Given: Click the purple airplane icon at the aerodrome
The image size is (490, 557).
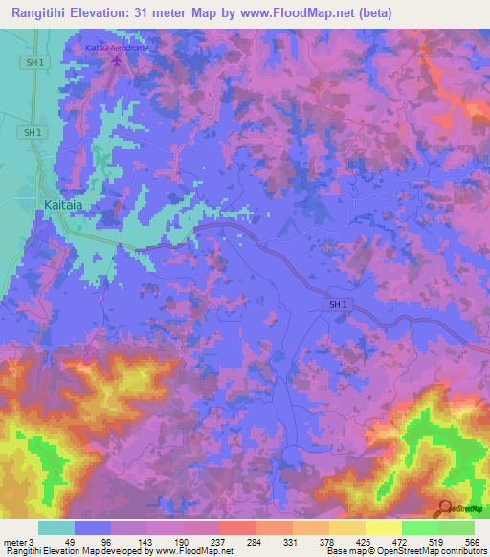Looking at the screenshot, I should pos(118,61).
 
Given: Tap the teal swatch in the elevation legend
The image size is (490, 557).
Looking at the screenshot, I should pos(56,527).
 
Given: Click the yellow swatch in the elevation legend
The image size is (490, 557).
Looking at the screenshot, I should pos(383,527).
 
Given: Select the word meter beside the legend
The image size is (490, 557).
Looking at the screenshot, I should pos(14,541).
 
